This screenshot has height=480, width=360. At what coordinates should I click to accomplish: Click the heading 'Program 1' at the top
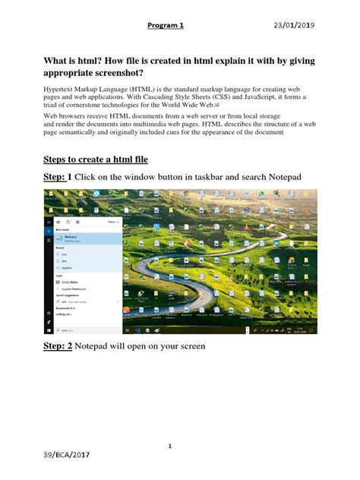pyautogui.click(x=166, y=25)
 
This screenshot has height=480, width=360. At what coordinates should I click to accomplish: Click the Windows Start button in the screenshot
pyautogui.click(x=49, y=331)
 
